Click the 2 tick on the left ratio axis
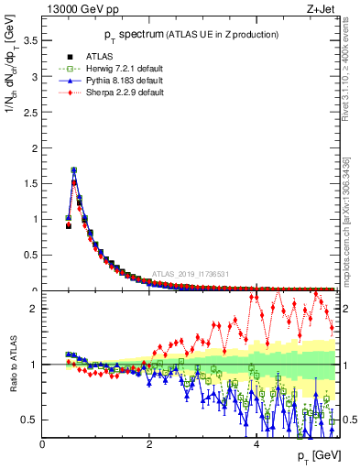pos(34,310)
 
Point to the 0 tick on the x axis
pos(42,445)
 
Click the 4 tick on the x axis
pos(256,445)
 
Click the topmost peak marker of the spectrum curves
pos(73,169)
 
